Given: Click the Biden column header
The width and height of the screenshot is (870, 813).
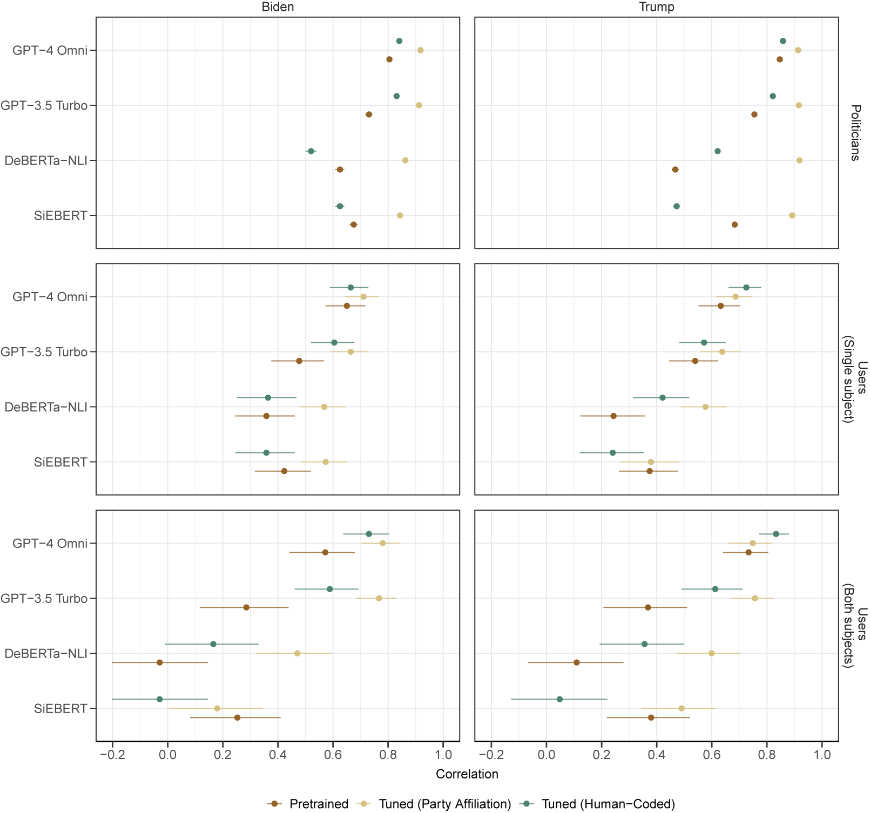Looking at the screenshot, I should click(x=278, y=7).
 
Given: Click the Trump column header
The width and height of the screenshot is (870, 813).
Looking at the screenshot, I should click(x=656, y=7).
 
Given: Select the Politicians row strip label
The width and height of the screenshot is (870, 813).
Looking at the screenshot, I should click(x=855, y=133).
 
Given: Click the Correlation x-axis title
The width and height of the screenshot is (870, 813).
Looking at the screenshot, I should click(x=467, y=774).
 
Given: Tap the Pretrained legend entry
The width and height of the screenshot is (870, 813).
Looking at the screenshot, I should click(x=319, y=804).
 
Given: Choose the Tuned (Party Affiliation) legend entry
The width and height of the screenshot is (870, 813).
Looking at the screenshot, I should click(x=444, y=804).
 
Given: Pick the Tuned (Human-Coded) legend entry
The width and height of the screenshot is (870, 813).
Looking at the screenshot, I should click(x=608, y=804).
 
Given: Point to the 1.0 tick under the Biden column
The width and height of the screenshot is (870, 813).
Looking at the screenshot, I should click(x=443, y=754).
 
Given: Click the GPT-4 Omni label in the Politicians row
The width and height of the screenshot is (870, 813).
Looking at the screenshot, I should click(x=50, y=50).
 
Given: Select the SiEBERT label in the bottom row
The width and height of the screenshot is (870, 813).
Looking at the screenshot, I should click(x=60, y=708).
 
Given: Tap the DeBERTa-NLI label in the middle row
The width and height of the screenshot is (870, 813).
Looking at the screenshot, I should click(x=46, y=407).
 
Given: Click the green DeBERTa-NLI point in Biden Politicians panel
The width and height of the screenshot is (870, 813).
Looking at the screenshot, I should click(x=311, y=151).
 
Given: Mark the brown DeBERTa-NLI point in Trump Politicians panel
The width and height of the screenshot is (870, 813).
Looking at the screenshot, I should click(x=675, y=170).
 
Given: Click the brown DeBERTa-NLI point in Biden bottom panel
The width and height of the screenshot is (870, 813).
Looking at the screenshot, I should click(x=159, y=662).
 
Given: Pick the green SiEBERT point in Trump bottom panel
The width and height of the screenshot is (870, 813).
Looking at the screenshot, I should click(x=559, y=699).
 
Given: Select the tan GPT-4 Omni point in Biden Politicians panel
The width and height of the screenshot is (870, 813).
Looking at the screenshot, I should click(x=420, y=50).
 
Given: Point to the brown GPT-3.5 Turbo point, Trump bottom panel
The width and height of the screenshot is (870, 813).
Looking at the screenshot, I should click(x=648, y=607).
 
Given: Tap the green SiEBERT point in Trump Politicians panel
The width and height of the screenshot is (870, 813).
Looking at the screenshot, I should click(x=677, y=206).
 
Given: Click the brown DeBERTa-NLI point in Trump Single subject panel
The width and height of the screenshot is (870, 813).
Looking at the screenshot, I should click(x=613, y=416).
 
